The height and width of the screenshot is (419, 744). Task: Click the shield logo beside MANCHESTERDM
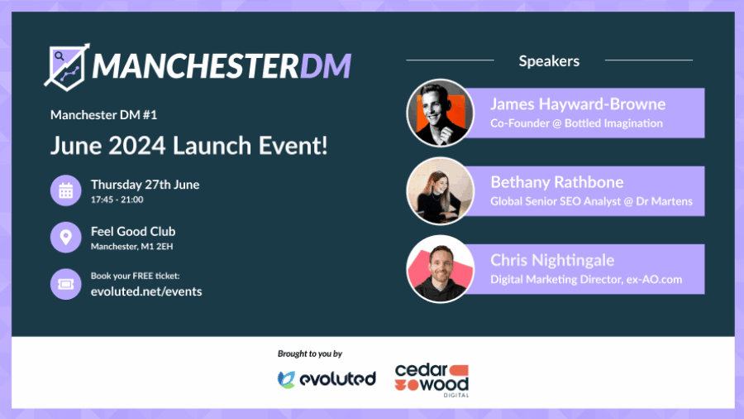tap(66, 67)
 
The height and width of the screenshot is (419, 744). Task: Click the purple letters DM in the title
tap(326, 65)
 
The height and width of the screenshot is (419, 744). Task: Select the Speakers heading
tap(549, 60)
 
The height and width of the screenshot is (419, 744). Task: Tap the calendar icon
tap(66, 190)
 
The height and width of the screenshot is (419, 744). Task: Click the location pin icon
tap(66, 237)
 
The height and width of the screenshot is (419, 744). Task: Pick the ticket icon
tap(66, 284)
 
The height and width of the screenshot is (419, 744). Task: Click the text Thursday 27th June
tap(145, 185)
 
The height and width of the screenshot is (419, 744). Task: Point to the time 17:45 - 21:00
tap(117, 200)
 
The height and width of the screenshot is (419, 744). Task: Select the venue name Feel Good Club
tap(133, 231)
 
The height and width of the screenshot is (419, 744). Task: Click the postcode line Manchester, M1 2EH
tap(132, 246)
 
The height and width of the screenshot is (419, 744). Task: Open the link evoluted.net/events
tap(146, 291)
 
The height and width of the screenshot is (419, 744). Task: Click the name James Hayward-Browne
tap(578, 104)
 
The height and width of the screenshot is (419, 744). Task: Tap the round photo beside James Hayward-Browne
tap(441, 113)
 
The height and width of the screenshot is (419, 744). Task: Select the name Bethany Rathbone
tap(557, 182)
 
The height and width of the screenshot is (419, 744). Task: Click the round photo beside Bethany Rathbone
tap(441, 191)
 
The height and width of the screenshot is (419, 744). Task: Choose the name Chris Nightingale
tap(552, 260)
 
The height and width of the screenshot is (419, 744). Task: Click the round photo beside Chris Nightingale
tap(441, 269)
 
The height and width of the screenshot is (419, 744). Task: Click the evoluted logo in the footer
tap(327, 379)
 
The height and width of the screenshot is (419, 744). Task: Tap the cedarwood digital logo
tap(432, 381)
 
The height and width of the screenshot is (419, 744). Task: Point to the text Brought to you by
tap(310, 354)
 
